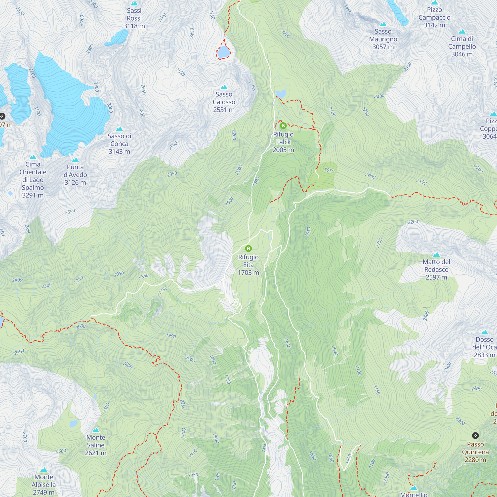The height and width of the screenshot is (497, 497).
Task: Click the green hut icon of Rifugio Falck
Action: coord(283,126)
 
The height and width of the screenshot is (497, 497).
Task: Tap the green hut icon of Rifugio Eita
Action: coord(248,248)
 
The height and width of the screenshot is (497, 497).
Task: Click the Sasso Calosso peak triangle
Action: coord(224,87)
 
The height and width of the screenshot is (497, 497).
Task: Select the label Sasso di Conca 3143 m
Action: coord(119,144)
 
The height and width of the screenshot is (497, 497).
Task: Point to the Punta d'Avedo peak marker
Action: coord(75,160)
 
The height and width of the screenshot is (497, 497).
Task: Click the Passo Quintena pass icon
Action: coord(475,436)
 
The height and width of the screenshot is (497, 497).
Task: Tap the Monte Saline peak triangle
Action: coord(96,430)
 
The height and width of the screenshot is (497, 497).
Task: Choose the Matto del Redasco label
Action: coord(436,269)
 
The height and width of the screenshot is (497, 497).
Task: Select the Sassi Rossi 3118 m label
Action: coord(134,18)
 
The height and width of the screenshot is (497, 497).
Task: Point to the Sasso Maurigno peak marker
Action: coord(383,24)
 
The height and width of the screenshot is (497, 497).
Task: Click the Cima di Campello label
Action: coord(462,46)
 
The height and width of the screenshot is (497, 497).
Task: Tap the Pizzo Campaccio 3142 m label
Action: coord(434,17)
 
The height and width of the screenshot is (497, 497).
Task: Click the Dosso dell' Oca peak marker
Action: coord(484,332)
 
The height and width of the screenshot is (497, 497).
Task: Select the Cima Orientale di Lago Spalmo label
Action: coord(33,180)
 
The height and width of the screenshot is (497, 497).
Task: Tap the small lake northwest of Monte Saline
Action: coord(73,423)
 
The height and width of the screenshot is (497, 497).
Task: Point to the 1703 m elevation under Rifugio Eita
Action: coord(248,272)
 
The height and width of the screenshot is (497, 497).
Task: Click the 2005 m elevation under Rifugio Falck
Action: coord(283,150)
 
